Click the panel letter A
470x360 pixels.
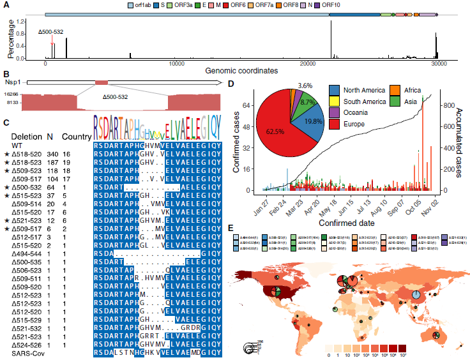[x=5, y=5]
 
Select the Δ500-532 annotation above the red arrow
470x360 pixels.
[x=50, y=31]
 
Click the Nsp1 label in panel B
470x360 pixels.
[x=13, y=83]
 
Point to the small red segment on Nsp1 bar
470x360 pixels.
[x=102, y=83]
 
